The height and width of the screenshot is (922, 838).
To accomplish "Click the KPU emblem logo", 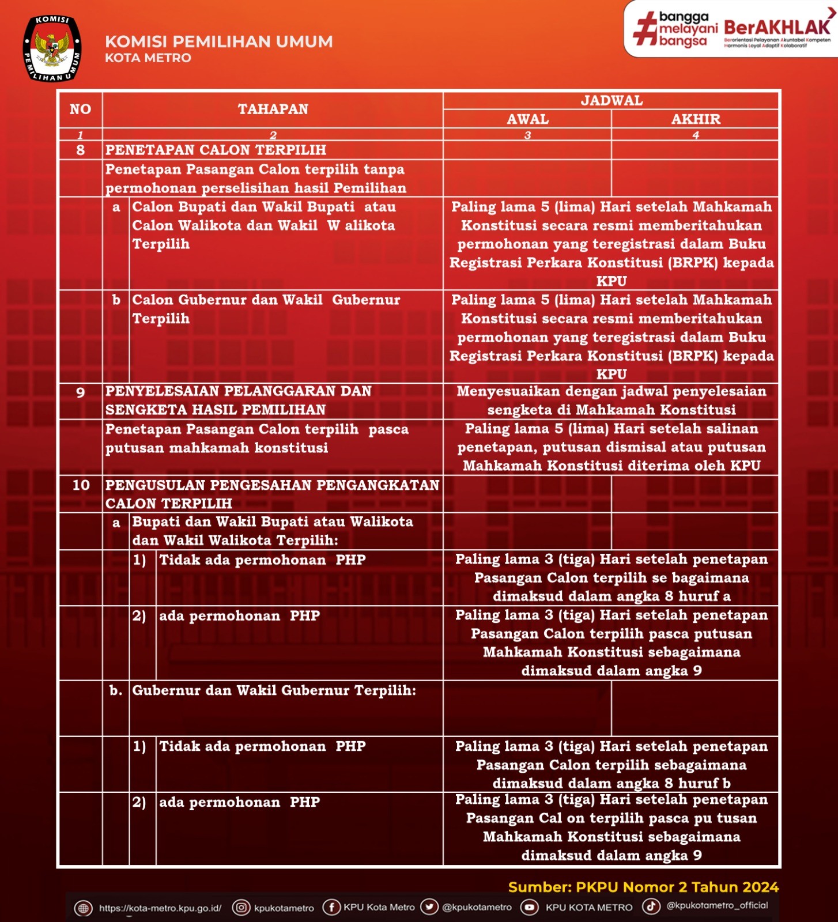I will point(52,49).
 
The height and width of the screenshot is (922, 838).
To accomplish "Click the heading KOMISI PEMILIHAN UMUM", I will point(218,41).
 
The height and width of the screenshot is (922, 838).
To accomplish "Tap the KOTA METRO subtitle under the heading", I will point(148,58).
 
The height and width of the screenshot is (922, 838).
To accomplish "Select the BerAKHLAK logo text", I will point(777,27).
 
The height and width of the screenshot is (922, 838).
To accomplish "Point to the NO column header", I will point(80,109).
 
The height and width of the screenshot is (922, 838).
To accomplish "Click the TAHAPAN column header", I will point(273,109).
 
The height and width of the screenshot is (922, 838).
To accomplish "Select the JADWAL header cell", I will point(611,100).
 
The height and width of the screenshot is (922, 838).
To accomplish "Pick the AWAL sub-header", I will point(527,119).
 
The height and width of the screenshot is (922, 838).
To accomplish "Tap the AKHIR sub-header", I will point(695,119).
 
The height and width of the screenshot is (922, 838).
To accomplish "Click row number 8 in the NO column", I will point(80,150).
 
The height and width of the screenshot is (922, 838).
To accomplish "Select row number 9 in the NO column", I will point(80,392).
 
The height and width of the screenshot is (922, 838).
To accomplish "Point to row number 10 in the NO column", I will point(81,485).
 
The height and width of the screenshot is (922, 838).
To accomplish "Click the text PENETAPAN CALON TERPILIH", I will point(216,150).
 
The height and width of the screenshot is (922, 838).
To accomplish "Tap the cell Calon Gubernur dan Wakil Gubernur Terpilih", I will point(266,309).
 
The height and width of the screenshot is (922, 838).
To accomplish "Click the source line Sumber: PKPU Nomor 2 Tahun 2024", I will point(643,887).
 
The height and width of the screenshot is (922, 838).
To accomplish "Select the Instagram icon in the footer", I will point(241,908).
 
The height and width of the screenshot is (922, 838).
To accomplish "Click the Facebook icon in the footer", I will point(331,907).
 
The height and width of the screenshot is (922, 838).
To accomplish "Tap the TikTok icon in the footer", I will point(651,906).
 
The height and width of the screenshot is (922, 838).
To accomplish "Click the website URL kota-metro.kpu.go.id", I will point(160,908).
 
